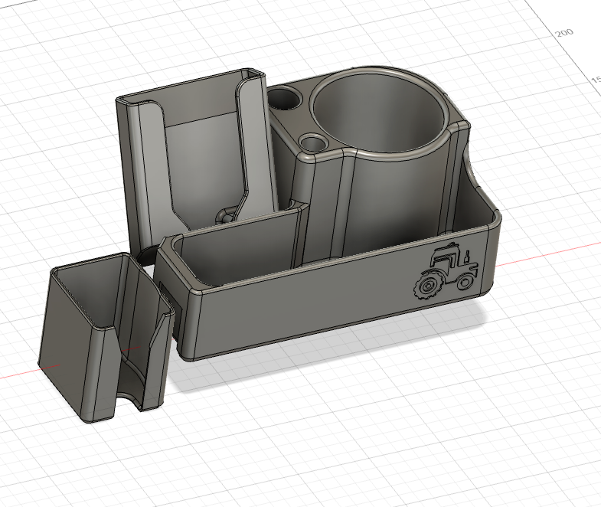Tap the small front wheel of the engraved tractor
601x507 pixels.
[464, 282]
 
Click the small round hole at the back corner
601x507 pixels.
[286, 98]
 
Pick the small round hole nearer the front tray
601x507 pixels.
[312, 142]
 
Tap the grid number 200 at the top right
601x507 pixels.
[564, 33]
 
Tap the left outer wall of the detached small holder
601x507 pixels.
[64, 337]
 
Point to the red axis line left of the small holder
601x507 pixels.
[19, 375]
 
